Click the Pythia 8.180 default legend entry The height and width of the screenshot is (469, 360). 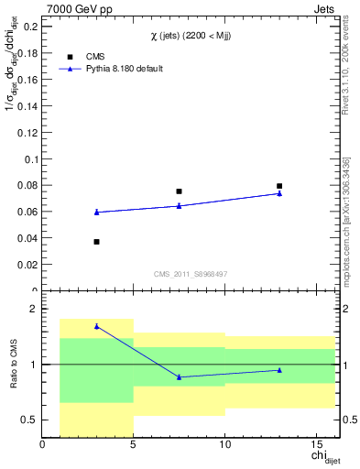[x=109, y=69]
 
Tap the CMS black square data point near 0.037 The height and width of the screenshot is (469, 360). [x=96, y=242]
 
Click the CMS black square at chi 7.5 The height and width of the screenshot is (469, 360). [x=179, y=191]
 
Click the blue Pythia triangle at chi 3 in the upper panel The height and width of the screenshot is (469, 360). [x=96, y=212]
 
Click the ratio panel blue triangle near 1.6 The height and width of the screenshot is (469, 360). [x=96, y=326]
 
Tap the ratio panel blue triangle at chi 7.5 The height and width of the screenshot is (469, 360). [x=179, y=376]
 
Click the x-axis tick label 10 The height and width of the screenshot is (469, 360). [x=224, y=446]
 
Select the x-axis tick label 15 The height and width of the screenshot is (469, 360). [x=316, y=446]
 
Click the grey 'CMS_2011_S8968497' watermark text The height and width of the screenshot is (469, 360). [x=191, y=274]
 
